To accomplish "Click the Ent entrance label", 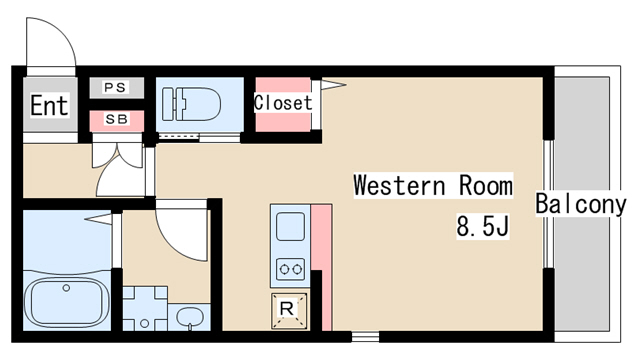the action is coord(49,105).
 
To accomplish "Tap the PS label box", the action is coord(116,87).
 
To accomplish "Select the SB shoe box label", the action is coord(116,120).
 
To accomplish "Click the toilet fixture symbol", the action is coord(191,104).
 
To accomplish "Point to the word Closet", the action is coord(282,102).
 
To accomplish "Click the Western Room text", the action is coord(433,185).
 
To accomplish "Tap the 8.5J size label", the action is coord(482,226).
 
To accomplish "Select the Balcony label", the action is coord(580,204).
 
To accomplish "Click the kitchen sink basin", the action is coord(290,227).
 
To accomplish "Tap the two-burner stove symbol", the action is coord(290,269).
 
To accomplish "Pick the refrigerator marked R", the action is coord(289,310).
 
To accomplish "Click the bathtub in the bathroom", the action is coord(67,302).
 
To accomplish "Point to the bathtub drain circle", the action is coord(66,288).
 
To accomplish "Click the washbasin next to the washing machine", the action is coord(189,317).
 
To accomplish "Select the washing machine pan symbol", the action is coord(145,309).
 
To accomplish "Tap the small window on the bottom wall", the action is coord(365,337).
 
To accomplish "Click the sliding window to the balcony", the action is coord(548,204).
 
